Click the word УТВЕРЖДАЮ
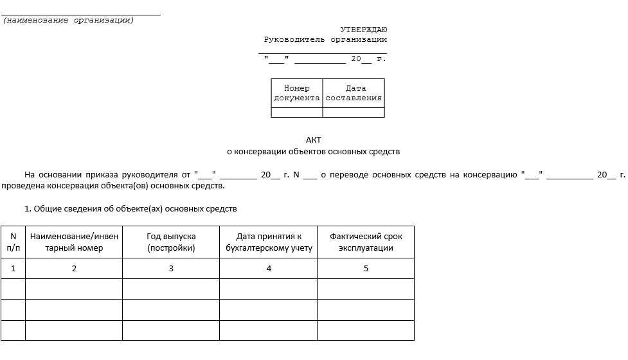click(363, 30)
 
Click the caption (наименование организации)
click(69, 21)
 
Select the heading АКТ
click(313, 139)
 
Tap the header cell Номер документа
click(296, 93)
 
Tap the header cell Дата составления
click(354, 93)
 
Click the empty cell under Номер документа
click(296, 113)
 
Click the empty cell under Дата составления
click(354, 113)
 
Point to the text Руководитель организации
click(325, 40)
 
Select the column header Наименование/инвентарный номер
click(74, 242)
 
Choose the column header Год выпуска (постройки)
click(171, 242)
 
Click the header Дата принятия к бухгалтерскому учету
click(269, 242)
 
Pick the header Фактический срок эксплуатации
click(366, 242)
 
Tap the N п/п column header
click(13, 242)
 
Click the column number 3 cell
click(171, 269)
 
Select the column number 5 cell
click(366, 269)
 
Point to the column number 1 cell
click(13, 269)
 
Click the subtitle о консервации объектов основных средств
click(313, 152)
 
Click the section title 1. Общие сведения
click(130, 209)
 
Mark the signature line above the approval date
click(323, 51)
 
